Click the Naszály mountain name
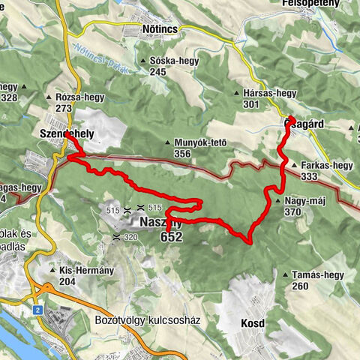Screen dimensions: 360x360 point(160,223)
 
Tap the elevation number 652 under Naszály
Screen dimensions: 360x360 point(171,237)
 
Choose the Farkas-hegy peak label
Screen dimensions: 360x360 point(326,166)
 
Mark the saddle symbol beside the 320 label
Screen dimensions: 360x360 point(116,236)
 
